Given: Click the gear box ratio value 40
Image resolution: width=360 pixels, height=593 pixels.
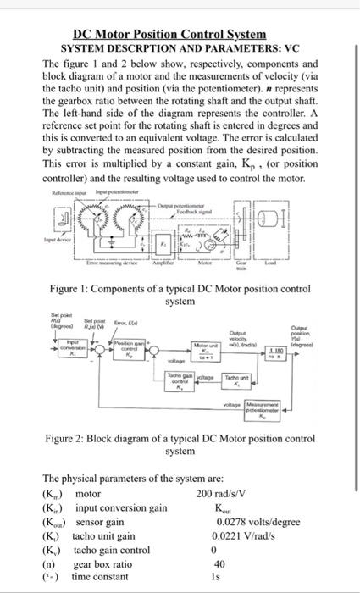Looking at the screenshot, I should [x=219, y=564].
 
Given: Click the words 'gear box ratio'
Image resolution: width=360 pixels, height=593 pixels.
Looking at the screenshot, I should [x=102, y=564].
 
